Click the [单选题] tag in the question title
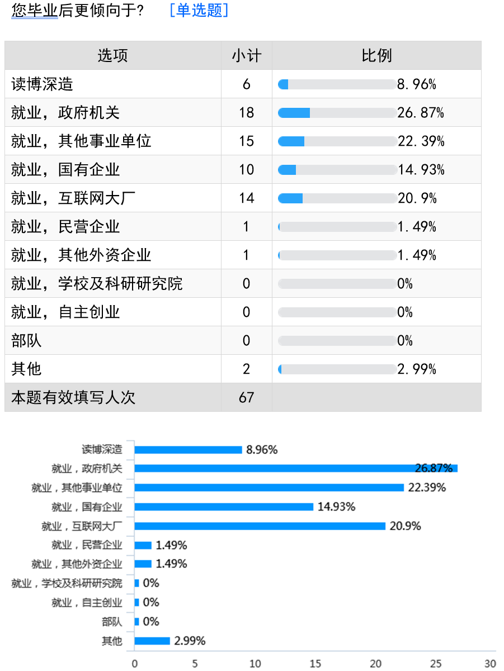[199, 10]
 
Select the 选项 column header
[112, 55]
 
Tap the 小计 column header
[246, 55]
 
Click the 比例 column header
[376, 55]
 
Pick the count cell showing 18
[246, 113]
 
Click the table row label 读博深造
[43, 84]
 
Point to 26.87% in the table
[421, 113]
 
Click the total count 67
[246, 397]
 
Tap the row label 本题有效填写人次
[73, 397]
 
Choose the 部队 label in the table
[26, 341]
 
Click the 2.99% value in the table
[417, 369]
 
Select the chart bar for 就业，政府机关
[296, 468]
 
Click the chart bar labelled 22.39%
[269, 487]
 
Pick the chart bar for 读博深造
[188, 449]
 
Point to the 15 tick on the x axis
[315, 664]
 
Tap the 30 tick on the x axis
[491, 664]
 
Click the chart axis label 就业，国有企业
[87, 507]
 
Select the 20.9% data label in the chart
[406, 526]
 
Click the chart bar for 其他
[152, 641]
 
